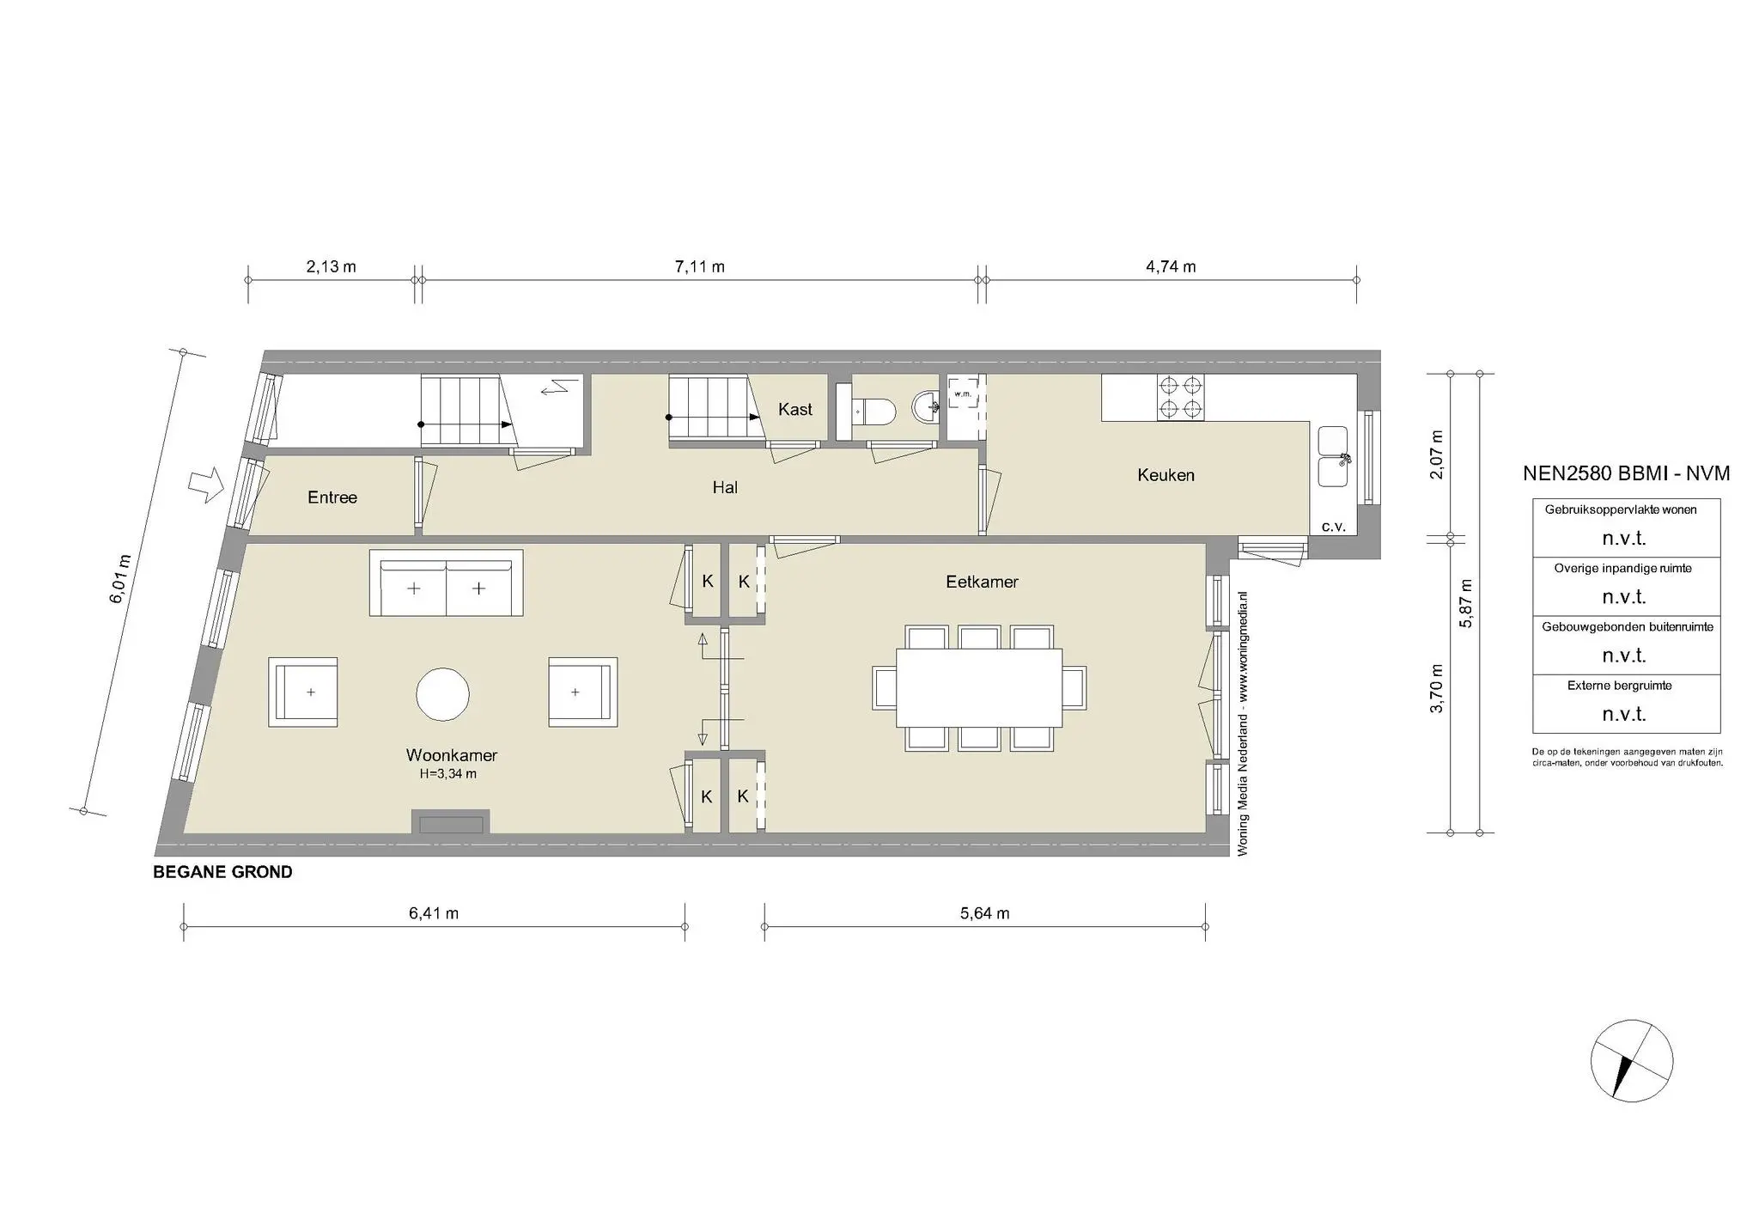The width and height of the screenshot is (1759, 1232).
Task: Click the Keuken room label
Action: coord(1166,475)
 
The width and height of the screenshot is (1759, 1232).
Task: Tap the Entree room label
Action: coord(332,497)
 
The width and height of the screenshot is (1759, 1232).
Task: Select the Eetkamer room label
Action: coord(982,582)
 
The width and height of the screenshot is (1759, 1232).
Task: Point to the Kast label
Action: coord(794,410)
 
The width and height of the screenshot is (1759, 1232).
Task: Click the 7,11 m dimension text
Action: coord(699,267)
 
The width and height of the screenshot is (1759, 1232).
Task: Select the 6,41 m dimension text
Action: coord(433,913)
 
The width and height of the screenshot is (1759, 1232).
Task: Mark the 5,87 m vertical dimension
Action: coord(1466,603)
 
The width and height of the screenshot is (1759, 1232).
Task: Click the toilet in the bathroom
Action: coord(873,411)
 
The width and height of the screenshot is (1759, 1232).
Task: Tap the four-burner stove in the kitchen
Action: coord(1180,397)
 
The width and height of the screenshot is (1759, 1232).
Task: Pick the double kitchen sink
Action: coord(1335,456)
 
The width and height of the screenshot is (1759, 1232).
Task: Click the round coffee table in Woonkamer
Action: coord(442,694)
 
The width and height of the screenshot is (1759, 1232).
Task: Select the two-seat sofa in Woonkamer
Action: coord(446,584)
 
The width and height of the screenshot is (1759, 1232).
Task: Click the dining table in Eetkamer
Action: coord(978,687)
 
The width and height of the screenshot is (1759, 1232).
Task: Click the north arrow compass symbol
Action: coord(1631,1061)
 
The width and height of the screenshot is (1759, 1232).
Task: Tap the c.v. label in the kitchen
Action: coord(1333,527)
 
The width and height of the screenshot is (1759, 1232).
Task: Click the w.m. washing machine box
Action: coord(962,393)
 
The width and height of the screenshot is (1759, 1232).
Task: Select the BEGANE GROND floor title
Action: coord(222,872)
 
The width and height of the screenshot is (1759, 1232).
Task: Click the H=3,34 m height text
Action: coord(447,774)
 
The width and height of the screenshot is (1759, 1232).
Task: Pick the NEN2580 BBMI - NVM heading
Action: coord(1626,473)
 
